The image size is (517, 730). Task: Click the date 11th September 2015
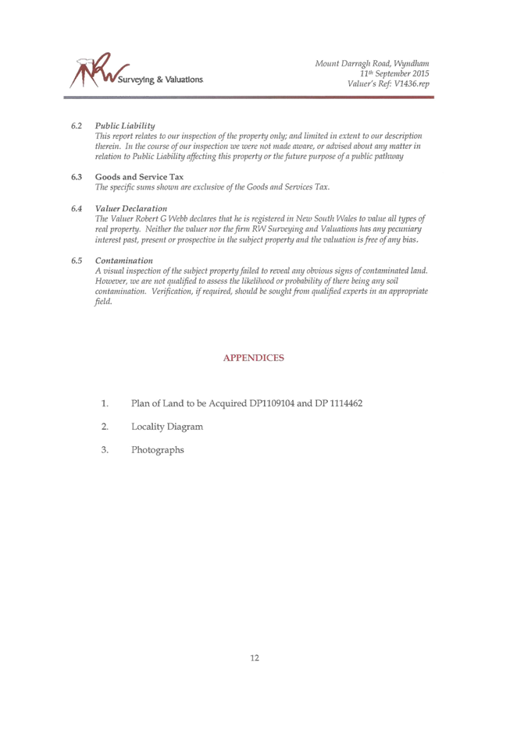394,73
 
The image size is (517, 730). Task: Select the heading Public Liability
125,126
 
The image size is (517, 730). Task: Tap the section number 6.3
77,177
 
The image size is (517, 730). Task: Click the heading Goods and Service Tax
139,177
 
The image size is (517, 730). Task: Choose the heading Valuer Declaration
131,208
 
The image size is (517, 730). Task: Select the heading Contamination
124,260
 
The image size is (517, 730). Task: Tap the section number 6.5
77,260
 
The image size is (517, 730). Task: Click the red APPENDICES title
254,358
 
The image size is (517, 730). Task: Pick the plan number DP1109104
272,403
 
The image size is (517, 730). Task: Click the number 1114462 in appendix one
346,403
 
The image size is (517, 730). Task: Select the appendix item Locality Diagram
167,427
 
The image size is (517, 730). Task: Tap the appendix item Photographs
158,450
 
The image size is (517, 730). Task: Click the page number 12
255,657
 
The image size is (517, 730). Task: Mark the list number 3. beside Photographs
105,450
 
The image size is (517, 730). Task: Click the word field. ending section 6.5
104,302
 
